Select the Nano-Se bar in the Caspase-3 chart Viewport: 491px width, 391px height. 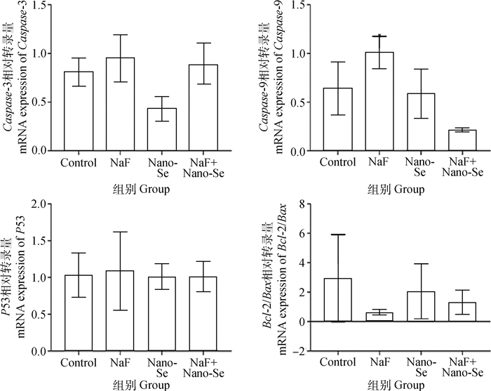click(161, 129)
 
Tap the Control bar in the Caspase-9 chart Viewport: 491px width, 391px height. click(337, 119)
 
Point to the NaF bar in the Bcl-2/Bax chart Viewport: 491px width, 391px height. click(379, 317)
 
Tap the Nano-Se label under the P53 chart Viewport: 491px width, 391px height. click(161, 367)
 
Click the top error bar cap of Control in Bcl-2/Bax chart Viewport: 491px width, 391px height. click(337, 234)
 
